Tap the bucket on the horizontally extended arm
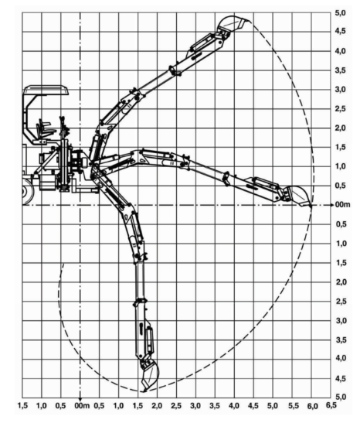pyautogui.click(x=298, y=195)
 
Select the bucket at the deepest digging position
pyautogui.click(x=149, y=376)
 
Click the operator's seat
pyautogui.click(x=44, y=129)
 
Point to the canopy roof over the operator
pyautogui.click(x=46, y=90)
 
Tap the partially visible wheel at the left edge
pyautogui.click(x=27, y=192)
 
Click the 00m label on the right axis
pyautogui.click(x=342, y=205)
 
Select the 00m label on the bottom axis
pyautogui.click(x=82, y=405)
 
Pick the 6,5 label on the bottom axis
pyautogui.click(x=331, y=404)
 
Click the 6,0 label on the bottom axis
pyautogui.click(x=312, y=406)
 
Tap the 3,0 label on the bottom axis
pyautogui.click(x=195, y=405)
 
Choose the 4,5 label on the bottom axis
pyautogui.click(x=253, y=405)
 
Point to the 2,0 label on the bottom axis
pyautogui.click(x=157, y=405)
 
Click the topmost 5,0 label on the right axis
pyautogui.click(x=341, y=13)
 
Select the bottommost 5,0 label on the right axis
pyautogui.click(x=341, y=397)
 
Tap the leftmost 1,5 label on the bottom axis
pyautogui.click(x=22, y=405)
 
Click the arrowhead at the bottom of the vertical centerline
pyautogui.click(x=80, y=399)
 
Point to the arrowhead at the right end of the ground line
pyautogui.click(x=332, y=205)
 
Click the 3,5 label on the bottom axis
pyautogui.click(x=215, y=405)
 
